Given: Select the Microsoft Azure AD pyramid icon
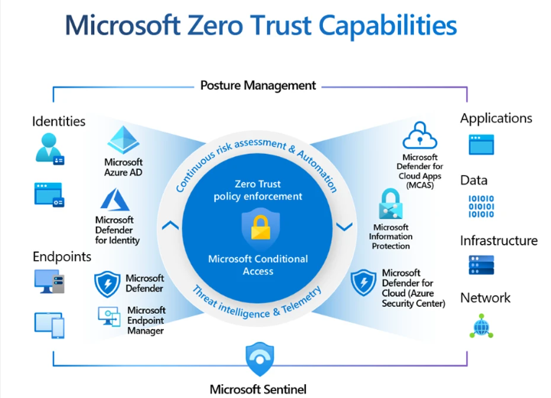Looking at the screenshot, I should tap(123, 140).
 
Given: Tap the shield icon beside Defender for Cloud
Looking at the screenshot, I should tap(363, 282).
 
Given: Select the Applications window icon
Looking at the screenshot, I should tap(481, 144).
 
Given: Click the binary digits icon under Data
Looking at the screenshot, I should tap(481, 205).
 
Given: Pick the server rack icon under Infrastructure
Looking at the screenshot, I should tap(481, 265).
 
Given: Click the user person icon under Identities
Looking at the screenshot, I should tap(48, 148).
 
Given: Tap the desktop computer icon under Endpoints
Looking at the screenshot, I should tap(48, 282).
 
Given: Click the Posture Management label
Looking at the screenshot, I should tap(258, 86).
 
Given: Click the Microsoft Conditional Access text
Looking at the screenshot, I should tap(258, 265).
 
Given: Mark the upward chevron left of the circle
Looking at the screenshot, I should tap(172, 225).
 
